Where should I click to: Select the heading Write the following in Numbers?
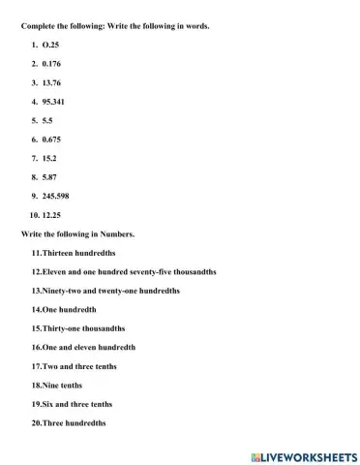point(77,233)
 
